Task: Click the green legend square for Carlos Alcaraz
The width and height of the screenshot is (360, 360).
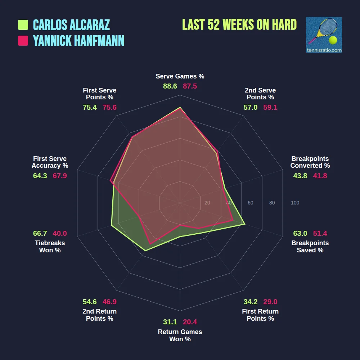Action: pyautogui.click(x=23, y=25)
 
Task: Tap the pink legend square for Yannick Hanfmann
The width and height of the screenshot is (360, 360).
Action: pyautogui.click(x=23, y=41)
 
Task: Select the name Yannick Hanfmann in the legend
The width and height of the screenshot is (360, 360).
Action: pyautogui.click(x=78, y=41)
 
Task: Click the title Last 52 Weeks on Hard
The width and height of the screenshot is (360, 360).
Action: pyautogui.click(x=239, y=24)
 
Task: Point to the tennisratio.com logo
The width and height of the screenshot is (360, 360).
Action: pyautogui.click(x=324, y=35)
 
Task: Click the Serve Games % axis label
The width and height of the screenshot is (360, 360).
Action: pyautogui.click(x=180, y=76)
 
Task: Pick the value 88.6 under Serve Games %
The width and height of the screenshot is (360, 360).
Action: pyautogui.click(x=170, y=86)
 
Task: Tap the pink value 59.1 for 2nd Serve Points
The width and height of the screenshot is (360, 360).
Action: pyautogui.click(x=270, y=107)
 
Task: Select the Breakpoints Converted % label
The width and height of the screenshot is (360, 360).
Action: pyautogui.click(x=310, y=162)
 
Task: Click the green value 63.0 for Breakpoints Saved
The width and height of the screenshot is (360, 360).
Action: pyautogui.click(x=300, y=233)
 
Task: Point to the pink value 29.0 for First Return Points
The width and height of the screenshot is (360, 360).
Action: pyautogui.click(x=270, y=302)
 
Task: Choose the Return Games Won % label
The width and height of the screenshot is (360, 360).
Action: pyautogui.click(x=180, y=336)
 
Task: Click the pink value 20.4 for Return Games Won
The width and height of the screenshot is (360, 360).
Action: pyautogui.click(x=190, y=322)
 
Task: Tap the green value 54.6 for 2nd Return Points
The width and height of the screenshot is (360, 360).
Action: pyautogui.click(x=90, y=302)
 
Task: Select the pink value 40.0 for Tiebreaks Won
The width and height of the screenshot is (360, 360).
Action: pyautogui.click(x=60, y=233)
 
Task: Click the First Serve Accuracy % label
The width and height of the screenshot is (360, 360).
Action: pyautogui.click(x=50, y=162)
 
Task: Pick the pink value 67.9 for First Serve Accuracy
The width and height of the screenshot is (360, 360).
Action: pyautogui.click(x=60, y=176)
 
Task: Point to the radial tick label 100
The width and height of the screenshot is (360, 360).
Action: pyautogui.click(x=295, y=203)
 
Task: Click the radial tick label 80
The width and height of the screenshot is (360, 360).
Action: pyautogui.click(x=272, y=203)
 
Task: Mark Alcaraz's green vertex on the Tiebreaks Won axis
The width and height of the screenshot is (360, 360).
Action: pyautogui.click(x=112, y=225)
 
